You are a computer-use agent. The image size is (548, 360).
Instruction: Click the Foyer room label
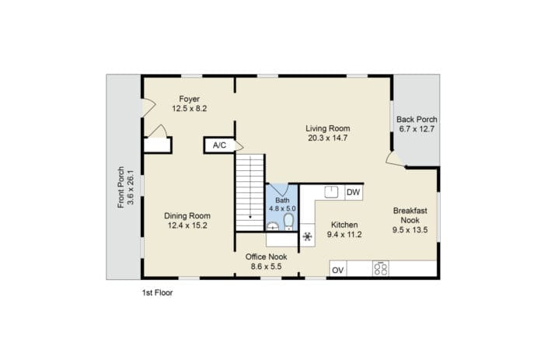coord(190,99)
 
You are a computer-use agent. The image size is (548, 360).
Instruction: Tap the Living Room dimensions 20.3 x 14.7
coord(328,138)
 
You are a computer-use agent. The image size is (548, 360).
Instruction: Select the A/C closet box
coord(219,145)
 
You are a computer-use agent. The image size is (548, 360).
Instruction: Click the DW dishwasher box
coord(354,192)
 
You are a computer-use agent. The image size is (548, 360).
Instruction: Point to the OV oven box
coord(338,270)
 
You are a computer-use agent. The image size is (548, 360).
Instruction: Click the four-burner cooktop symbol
coord(381,269)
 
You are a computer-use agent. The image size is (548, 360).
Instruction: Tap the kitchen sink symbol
coord(331,192)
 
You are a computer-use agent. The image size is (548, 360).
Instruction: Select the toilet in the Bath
coord(288,222)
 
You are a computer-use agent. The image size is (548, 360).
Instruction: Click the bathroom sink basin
coord(273,226)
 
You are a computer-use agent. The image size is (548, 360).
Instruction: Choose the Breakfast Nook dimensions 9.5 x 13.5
coord(410,230)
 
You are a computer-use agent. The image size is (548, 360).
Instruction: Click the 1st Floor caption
coord(157,293)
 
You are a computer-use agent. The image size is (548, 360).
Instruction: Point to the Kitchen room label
coord(344,225)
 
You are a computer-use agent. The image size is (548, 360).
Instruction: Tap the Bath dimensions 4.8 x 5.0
coord(282,208)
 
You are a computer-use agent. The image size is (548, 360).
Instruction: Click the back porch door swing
coord(396,159)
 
